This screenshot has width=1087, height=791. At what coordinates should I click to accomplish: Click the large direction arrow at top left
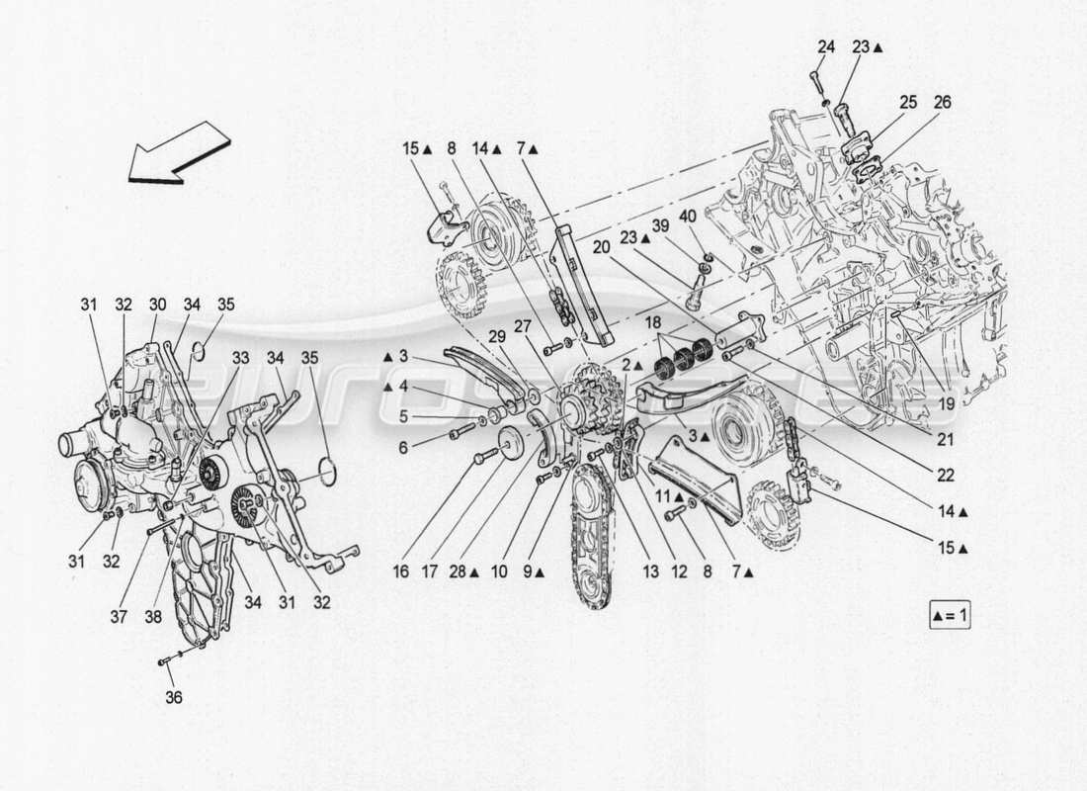(x=179, y=152)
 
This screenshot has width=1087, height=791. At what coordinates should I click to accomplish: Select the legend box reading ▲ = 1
(x=952, y=616)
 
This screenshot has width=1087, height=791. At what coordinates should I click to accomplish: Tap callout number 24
(x=826, y=45)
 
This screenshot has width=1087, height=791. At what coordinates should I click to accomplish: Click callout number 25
(x=908, y=101)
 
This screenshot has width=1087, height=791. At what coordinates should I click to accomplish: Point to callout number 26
(x=942, y=101)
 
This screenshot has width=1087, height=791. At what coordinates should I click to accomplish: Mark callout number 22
(x=946, y=476)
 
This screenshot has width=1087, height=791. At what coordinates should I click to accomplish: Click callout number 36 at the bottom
(x=174, y=697)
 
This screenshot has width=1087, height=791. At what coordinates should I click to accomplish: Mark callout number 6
(x=403, y=447)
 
